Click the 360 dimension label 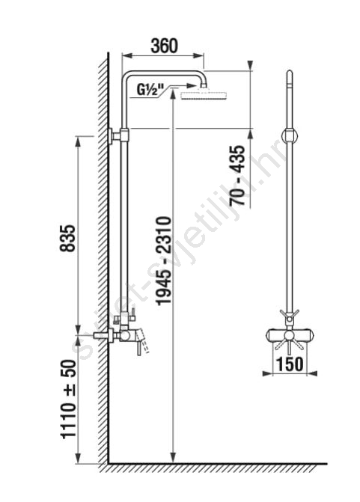[x=165, y=46]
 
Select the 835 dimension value [x=68, y=238]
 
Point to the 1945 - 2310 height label [x=163, y=260]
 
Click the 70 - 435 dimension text [x=237, y=176]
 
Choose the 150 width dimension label [x=290, y=364]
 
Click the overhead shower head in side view [x=204, y=96]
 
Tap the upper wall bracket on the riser [x=118, y=136]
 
